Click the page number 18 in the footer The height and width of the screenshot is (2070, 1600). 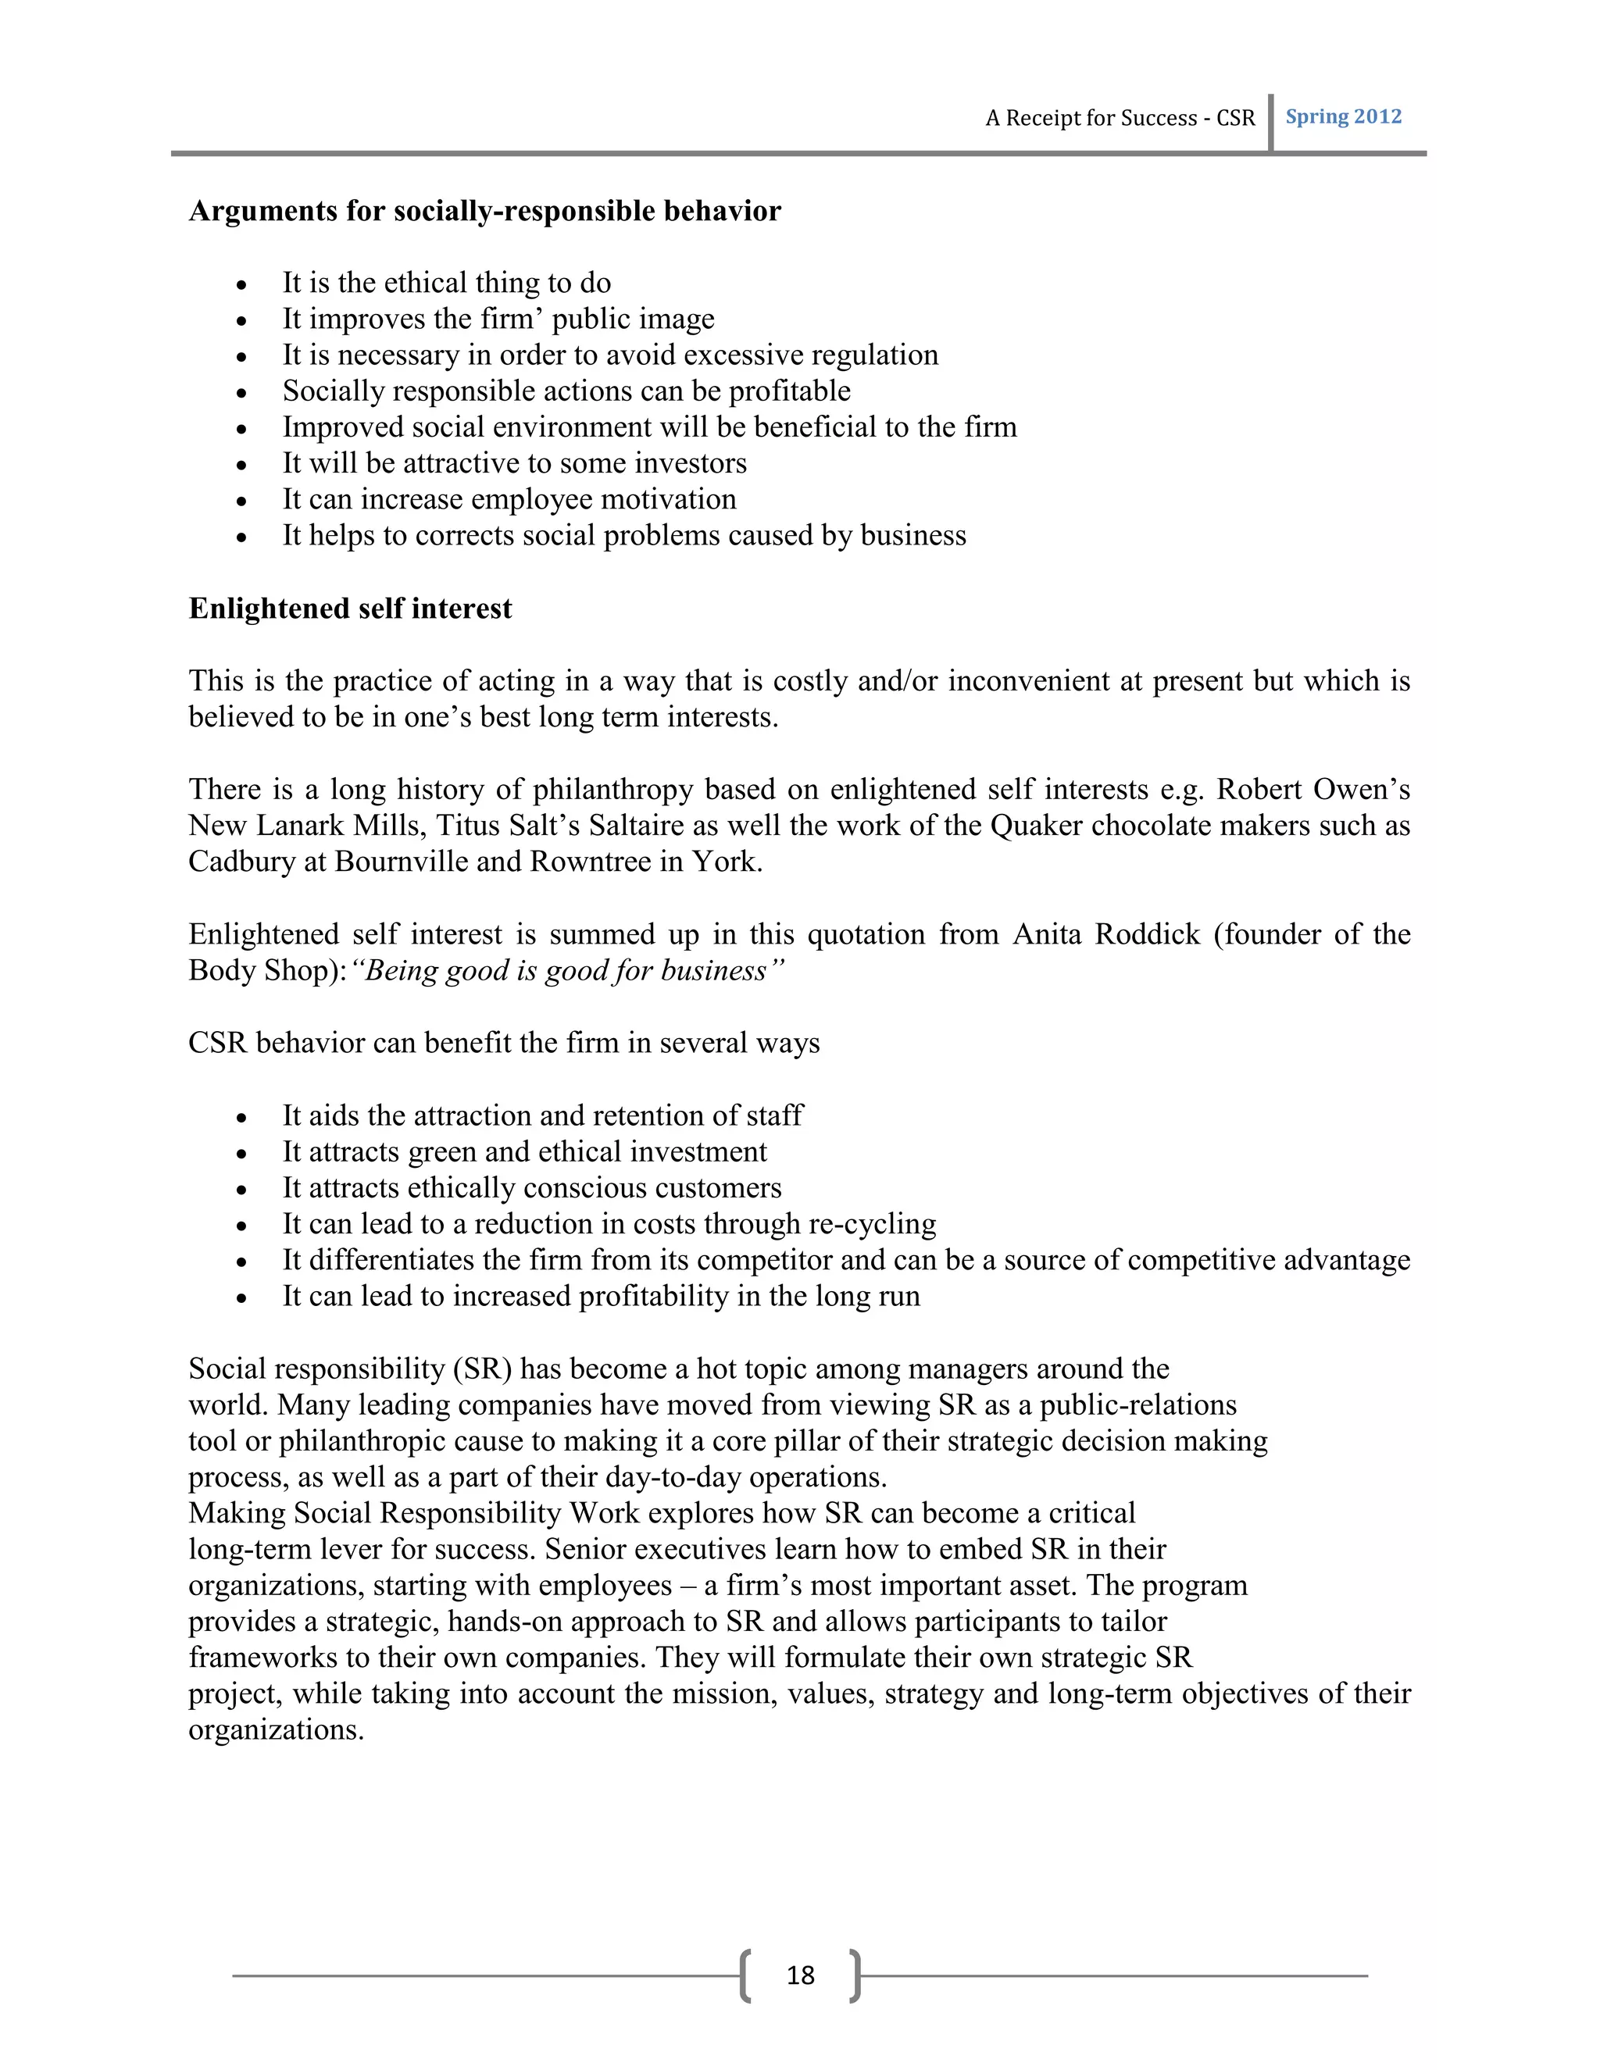coord(800,1975)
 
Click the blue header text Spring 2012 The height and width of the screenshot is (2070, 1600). coord(1343,116)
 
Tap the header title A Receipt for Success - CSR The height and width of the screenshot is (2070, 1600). coord(1120,119)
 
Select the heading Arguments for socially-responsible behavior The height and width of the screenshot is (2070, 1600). coord(484,210)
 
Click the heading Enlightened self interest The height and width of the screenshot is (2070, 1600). coord(350,609)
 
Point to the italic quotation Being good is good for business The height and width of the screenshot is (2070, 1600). coord(568,972)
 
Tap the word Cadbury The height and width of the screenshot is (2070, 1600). coord(241,862)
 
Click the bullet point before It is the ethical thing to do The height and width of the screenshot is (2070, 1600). coord(243,285)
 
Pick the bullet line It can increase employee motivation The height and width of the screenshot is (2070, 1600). coord(509,499)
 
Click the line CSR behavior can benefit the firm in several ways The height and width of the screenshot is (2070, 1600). coord(503,1044)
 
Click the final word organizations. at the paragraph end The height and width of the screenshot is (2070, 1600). coord(276,1731)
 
